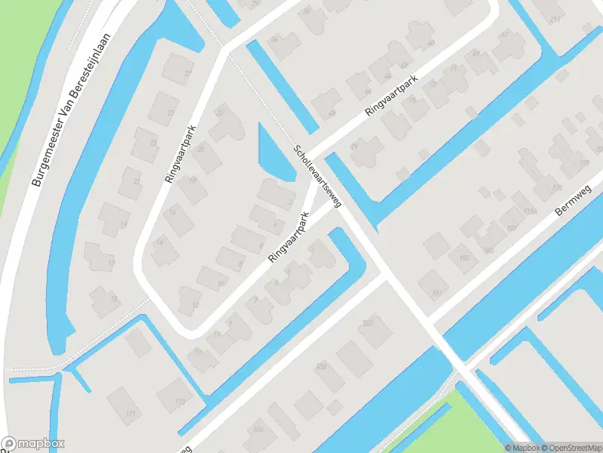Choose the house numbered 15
(105, 299)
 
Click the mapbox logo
(33, 444)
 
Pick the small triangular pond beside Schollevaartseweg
(271, 155)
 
